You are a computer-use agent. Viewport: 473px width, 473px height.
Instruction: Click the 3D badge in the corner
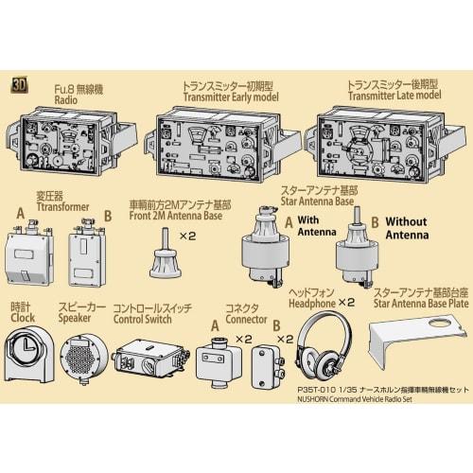point(19,83)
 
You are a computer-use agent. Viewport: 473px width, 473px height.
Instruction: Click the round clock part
point(30,359)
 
